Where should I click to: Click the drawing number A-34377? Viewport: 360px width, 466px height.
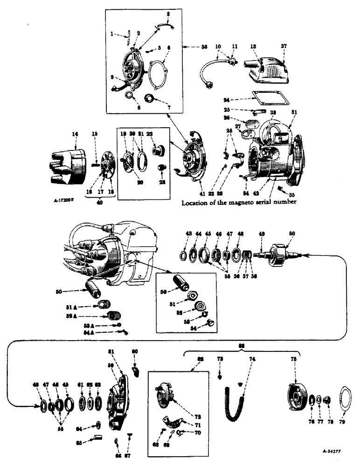click(331, 452)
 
